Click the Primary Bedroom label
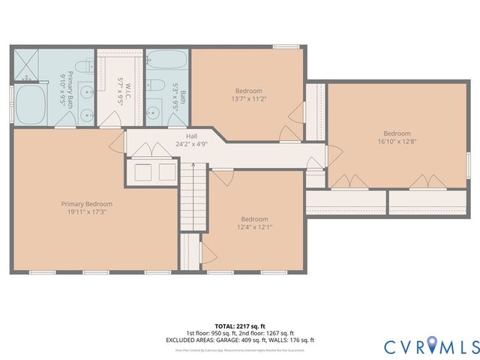(87, 203)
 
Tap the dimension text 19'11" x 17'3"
(87, 212)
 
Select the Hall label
(191, 136)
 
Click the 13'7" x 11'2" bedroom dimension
(248, 97)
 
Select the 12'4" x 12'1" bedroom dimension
(254, 226)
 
